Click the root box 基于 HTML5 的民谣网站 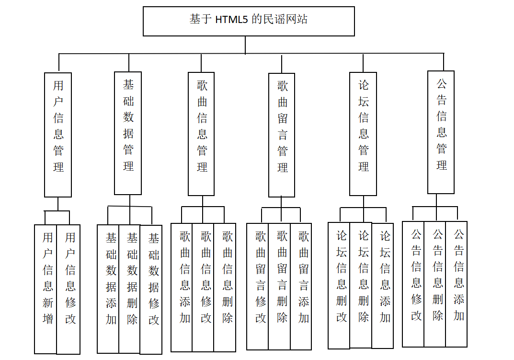[x=249, y=21]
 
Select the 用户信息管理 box [x=58, y=135]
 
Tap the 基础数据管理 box [x=128, y=133]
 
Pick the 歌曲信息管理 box [x=201, y=134]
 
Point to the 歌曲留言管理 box [x=282, y=135]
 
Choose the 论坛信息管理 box [x=363, y=134]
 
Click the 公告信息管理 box [x=441, y=132]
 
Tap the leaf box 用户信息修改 [x=69, y=289]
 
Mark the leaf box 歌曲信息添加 [x=182, y=287]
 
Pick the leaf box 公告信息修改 [x=413, y=284]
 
